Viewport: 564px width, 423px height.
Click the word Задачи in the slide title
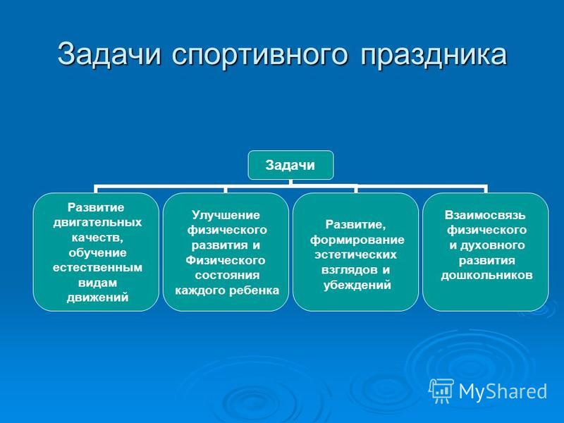(109, 55)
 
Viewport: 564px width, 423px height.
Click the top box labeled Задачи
(290, 165)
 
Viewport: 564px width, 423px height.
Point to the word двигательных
(97, 223)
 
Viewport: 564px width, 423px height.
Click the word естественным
(97, 268)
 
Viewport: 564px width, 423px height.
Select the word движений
(97, 298)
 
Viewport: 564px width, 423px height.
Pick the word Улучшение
(226, 216)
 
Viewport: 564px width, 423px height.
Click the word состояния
(227, 276)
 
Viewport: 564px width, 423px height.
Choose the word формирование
(357, 240)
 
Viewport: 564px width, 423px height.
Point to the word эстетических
(356, 255)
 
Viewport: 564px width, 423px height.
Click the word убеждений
(357, 286)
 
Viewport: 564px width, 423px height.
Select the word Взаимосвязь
(485, 215)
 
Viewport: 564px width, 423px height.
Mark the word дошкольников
(486, 276)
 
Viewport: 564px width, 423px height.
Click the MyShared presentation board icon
(441, 391)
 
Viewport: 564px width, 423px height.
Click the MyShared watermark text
(503, 391)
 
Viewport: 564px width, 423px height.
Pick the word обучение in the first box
(97, 253)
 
